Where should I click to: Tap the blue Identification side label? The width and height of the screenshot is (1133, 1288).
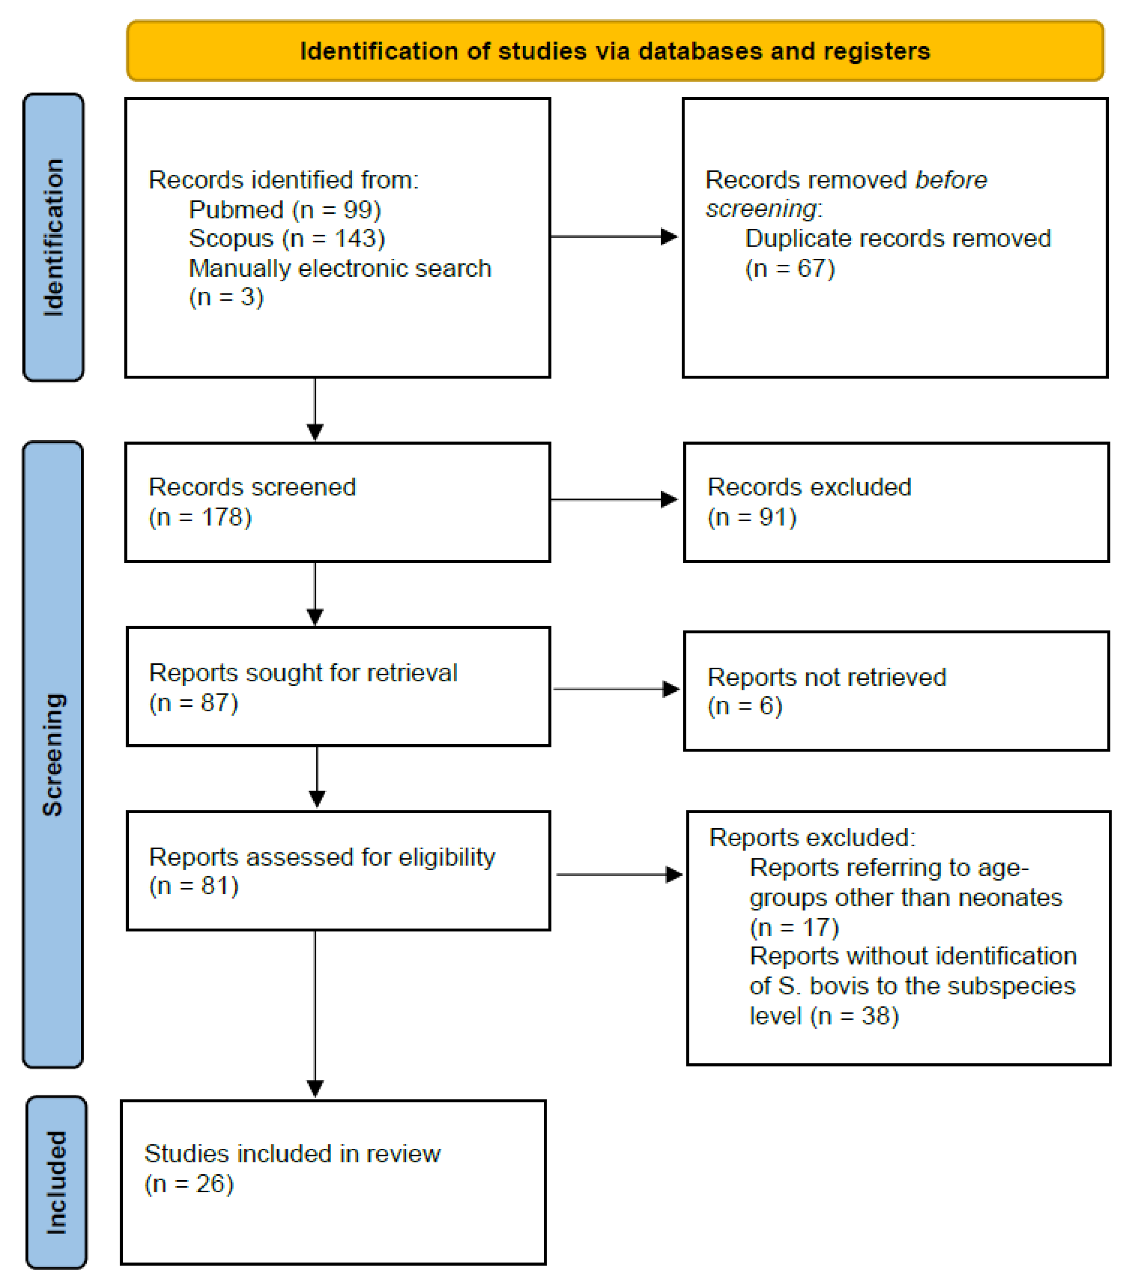pyautogui.click(x=53, y=237)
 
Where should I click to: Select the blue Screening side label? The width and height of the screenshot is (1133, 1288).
pyautogui.click(x=53, y=754)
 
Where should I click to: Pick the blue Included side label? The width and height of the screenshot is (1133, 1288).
pyautogui.click(x=57, y=1182)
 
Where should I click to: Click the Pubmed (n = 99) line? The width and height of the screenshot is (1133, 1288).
pyautogui.click(x=285, y=210)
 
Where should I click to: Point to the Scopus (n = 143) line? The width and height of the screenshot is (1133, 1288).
pyautogui.click(x=287, y=238)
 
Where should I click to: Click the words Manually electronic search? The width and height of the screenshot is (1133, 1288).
pyautogui.click(x=340, y=268)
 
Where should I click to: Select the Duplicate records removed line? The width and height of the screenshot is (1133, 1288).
pyautogui.click(x=898, y=238)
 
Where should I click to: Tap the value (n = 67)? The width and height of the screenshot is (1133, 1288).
pyautogui.click(x=790, y=268)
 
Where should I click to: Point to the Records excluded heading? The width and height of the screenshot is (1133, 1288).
pyautogui.click(x=809, y=487)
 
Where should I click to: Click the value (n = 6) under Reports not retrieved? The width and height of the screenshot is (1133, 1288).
pyautogui.click(x=745, y=706)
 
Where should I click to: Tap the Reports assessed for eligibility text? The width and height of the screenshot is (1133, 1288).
pyautogui.click(x=322, y=857)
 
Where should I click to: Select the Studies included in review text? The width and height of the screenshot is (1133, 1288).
pyautogui.click(x=292, y=1154)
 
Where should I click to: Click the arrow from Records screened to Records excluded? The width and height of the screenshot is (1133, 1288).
pyautogui.click(x=614, y=499)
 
